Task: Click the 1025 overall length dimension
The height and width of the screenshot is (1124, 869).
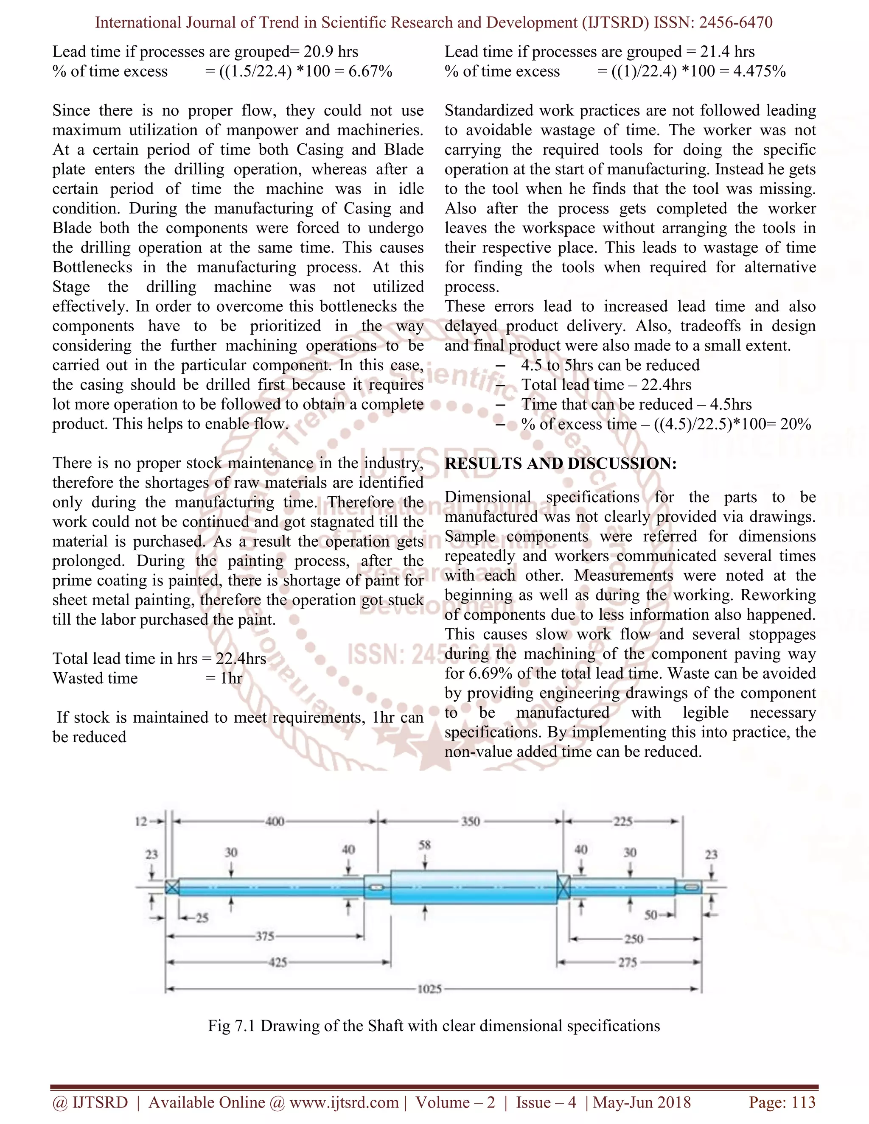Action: (x=429, y=989)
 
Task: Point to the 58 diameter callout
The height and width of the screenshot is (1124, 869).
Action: (x=425, y=845)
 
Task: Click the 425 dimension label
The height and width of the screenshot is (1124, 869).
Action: (x=278, y=962)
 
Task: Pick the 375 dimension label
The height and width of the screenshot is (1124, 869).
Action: (x=265, y=936)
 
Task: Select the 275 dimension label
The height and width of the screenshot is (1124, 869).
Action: (x=627, y=962)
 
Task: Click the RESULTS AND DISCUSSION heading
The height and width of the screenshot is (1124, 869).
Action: (x=560, y=463)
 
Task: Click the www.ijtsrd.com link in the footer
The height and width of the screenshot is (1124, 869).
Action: (x=344, y=1102)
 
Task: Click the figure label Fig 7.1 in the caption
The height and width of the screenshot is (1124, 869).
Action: (x=232, y=1025)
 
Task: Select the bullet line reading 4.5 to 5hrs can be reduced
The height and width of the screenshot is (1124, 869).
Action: (x=610, y=365)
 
